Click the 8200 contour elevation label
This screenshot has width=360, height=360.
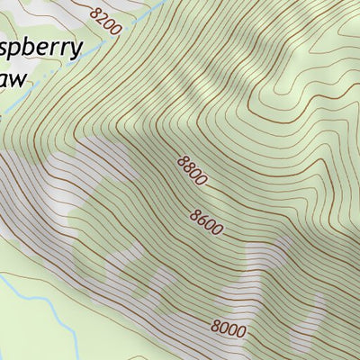(106, 20)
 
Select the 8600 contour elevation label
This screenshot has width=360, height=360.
(206, 221)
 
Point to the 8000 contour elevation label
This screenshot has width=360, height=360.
(229, 329)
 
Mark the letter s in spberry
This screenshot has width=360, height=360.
(4, 49)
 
